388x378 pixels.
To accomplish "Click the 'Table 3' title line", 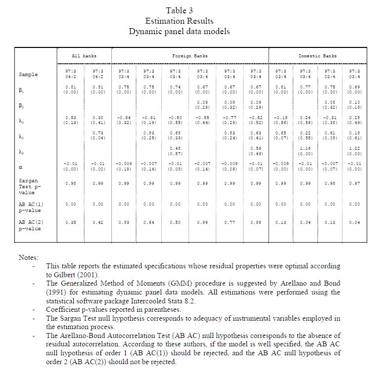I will pyautogui.click(x=179, y=10).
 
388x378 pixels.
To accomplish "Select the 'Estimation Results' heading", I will pyautogui.click(x=179, y=21).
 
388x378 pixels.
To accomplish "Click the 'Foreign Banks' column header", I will pyautogui.click(x=190, y=56).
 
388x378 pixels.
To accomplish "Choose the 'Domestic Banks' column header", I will pyautogui.click(x=317, y=56).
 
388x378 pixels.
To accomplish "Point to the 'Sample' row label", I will pyautogui.click(x=28, y=75).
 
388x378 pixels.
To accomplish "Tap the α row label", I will pyautogui.click(x=21, y=167).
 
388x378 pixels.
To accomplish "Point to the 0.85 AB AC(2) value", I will pyautogui.click(x=71, y=222).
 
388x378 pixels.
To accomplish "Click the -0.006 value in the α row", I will pyautogui.click(x=123, y=164).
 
